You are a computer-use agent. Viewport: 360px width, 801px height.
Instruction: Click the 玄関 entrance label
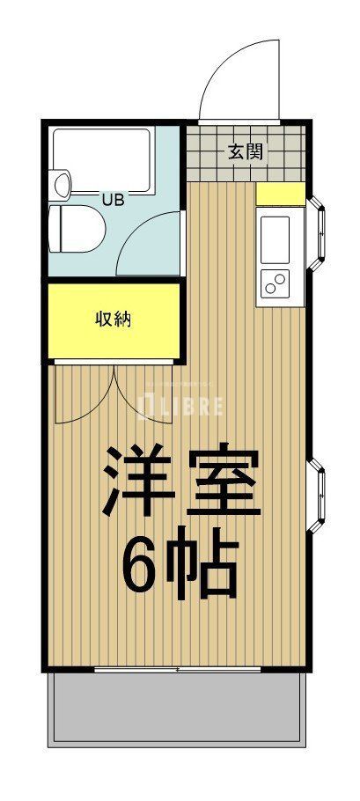(246, 151)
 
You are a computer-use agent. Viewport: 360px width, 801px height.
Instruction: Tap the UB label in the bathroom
(113, 200)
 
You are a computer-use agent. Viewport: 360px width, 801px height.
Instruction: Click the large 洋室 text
(181, 481)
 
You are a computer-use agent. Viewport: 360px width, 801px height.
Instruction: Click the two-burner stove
(276, 284)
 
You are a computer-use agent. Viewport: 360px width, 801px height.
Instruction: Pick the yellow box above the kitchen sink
(281, 194)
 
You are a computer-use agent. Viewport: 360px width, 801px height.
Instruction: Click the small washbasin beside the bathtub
(62, 184)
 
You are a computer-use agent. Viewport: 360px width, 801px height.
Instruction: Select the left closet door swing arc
(84, 393)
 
